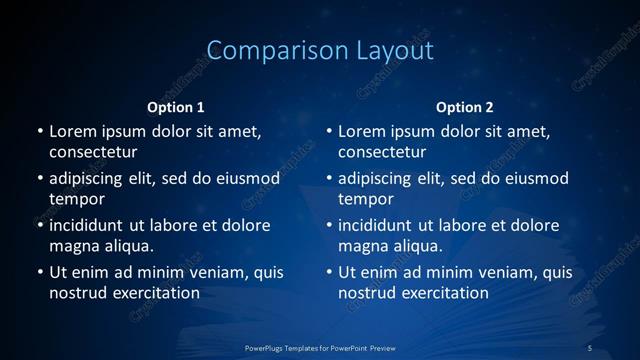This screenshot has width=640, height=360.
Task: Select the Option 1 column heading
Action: tap(176, 107)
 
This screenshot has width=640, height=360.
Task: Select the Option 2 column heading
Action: tap(465, 107)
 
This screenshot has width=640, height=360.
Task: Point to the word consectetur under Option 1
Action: tap(93, 153)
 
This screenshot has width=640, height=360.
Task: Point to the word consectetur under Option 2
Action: tap(382, 153)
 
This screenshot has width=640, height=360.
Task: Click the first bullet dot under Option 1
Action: tap(39, 132)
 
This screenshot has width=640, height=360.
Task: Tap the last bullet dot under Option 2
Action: tap(328, 272)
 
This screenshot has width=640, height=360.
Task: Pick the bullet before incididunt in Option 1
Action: tap(39, 225)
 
